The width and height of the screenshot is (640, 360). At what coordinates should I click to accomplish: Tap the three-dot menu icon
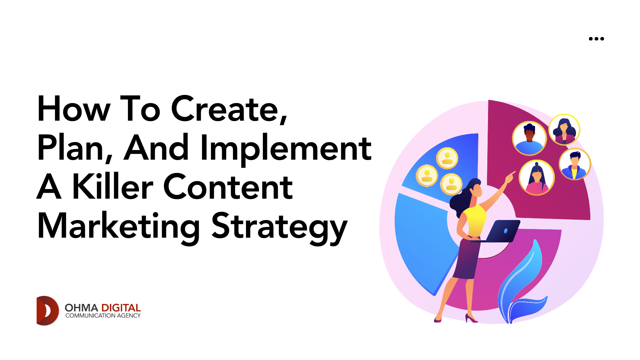596,39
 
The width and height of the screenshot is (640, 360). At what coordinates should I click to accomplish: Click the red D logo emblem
47,311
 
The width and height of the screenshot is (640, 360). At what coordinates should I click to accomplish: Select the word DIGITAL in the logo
121,308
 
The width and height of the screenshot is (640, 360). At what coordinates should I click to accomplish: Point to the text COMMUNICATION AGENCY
103,316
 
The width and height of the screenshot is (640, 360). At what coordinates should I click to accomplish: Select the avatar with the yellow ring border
564,130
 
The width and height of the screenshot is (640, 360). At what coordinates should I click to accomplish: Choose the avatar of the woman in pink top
537,178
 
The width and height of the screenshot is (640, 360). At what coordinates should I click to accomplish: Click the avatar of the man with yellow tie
575,164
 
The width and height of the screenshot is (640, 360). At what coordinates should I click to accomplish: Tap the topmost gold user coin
447,158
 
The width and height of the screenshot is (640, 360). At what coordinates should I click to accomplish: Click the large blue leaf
520,277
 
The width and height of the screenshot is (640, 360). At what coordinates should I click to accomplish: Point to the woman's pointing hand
510,177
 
